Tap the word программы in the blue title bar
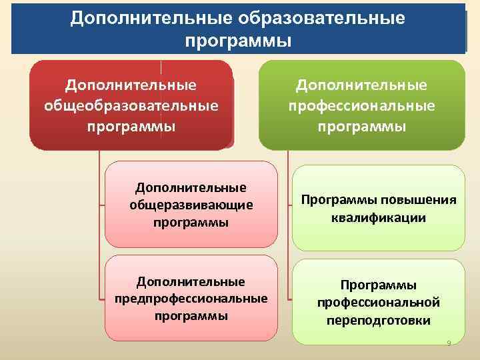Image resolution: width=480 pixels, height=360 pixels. click(238, 41)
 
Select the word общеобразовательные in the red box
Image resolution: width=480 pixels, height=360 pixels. click(131, 106)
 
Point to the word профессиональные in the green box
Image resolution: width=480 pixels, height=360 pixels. click(362, 106)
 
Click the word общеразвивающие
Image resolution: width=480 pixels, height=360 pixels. click(191, 205)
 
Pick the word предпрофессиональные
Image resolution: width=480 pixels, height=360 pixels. click(191, 298)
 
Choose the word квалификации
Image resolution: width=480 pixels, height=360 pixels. click(378, 217)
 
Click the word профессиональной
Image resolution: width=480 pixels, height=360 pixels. click(378, 303)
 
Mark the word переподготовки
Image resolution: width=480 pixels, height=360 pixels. click(378, 321)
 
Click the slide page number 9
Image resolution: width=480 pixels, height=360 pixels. click(449, 343)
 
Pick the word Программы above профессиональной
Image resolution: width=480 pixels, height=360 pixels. click(378, 285)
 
